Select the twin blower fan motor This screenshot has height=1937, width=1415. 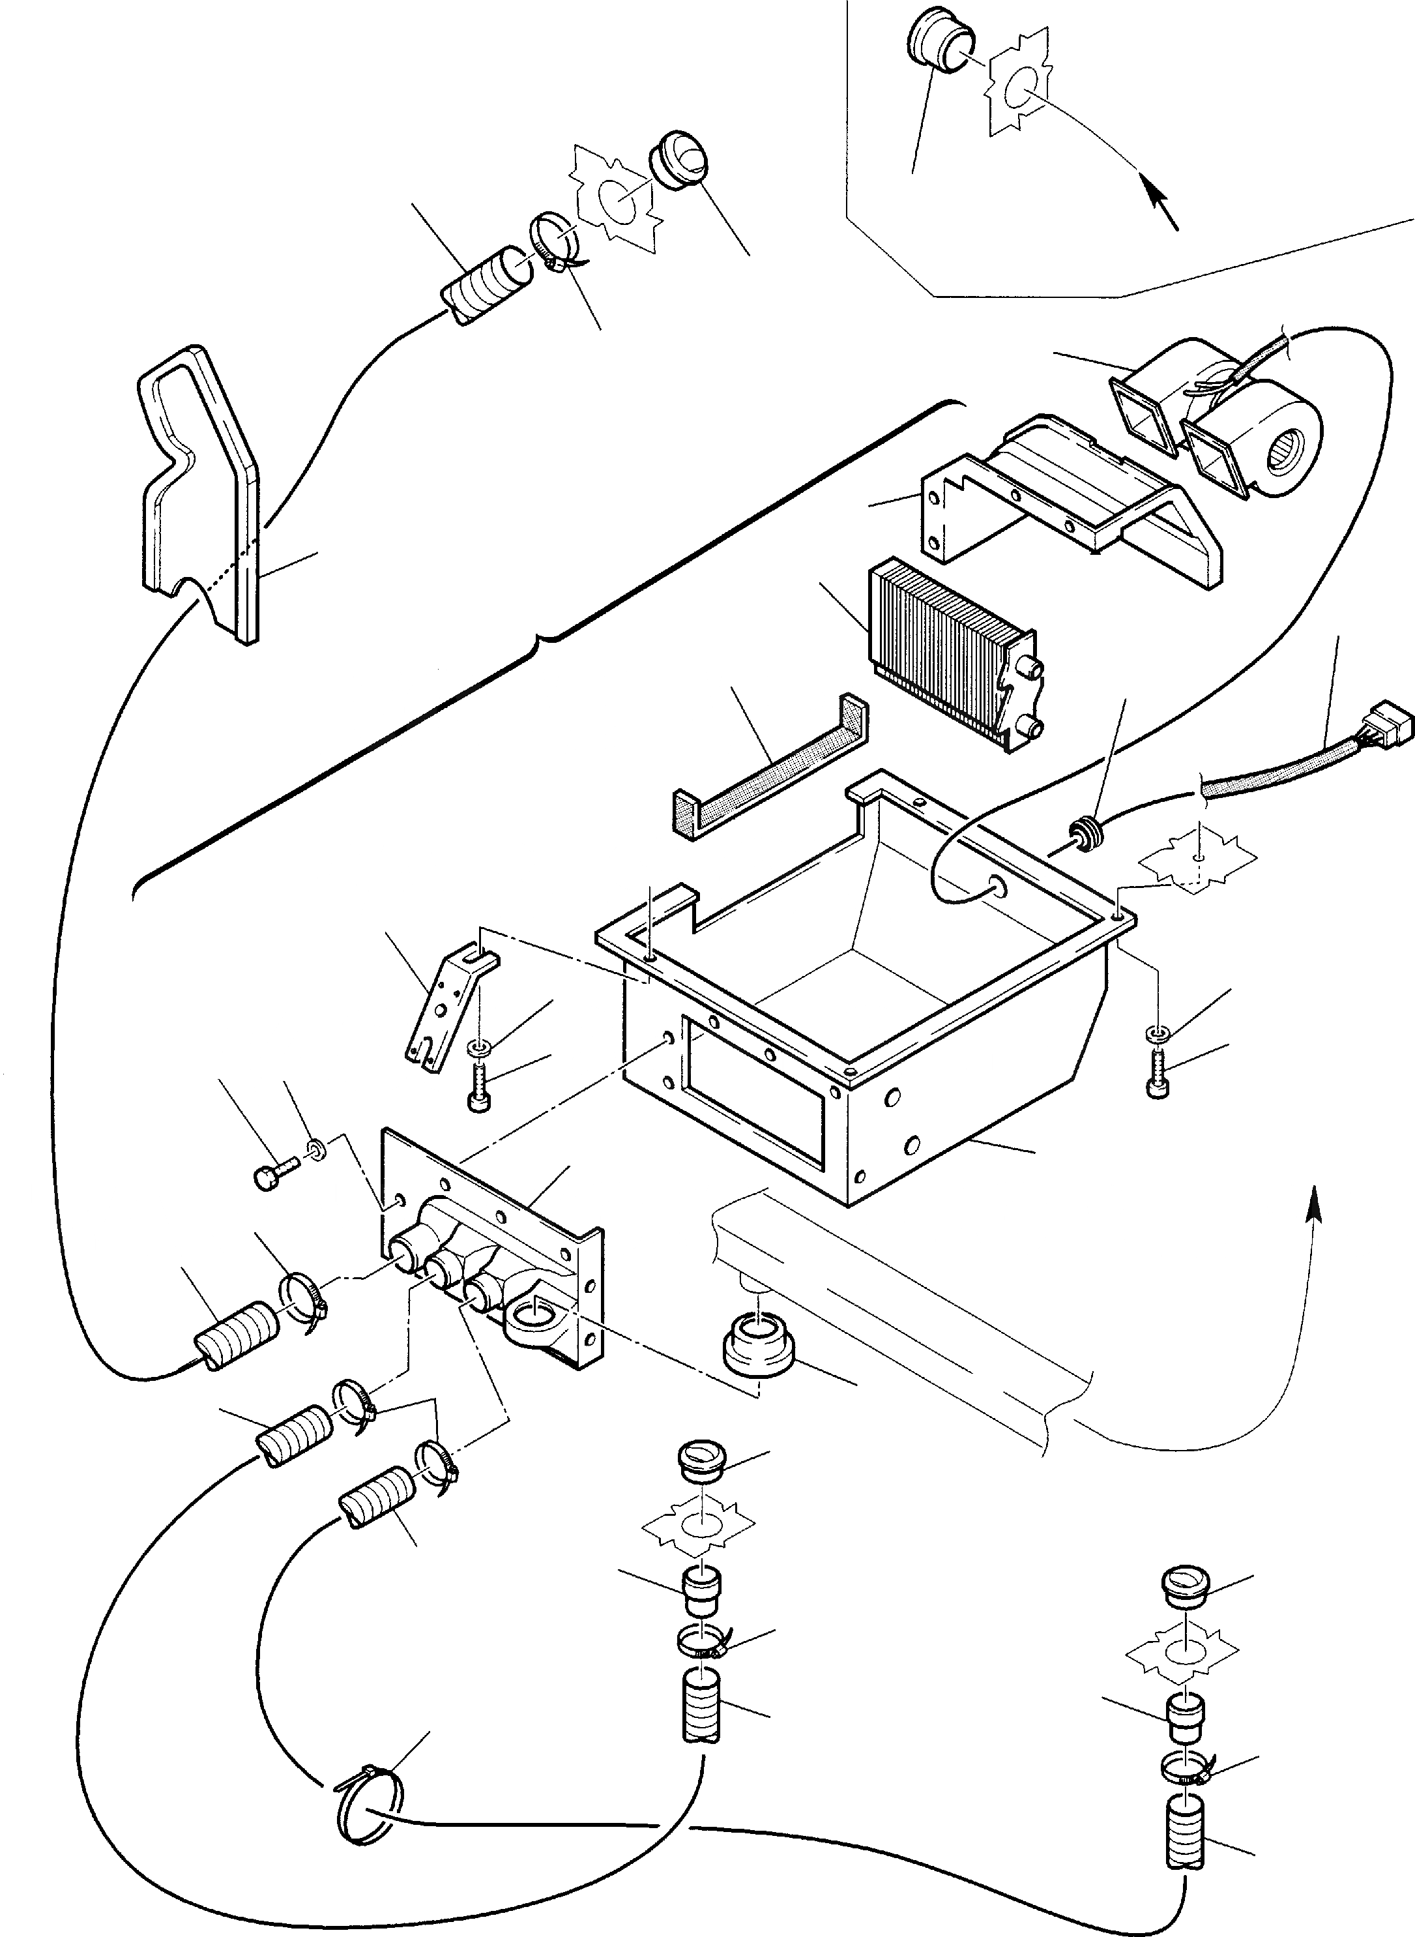1216,420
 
